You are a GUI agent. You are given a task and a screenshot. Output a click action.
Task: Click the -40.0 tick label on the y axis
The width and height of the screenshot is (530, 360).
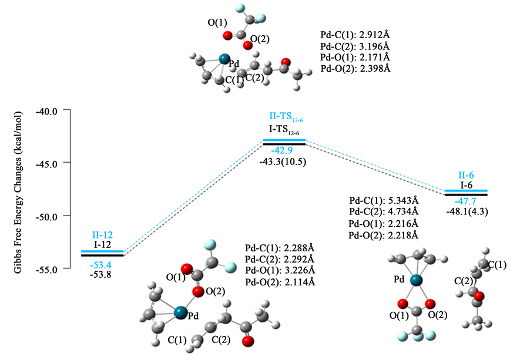pos(48,110)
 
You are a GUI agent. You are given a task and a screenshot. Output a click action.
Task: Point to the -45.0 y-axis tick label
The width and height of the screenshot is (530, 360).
pos(48,163)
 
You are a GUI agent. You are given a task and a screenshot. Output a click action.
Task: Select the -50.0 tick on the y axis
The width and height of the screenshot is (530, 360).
pos(48,216)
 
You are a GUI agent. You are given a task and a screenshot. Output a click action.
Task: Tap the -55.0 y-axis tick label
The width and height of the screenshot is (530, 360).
pos(48,269)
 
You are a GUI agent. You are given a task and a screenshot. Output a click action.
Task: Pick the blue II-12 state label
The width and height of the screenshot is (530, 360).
pos(102,234)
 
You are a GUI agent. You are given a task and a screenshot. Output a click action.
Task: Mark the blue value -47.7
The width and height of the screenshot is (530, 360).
pos(467,201)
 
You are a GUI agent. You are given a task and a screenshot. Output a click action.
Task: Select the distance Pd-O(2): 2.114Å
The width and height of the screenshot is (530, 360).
pos(280,282)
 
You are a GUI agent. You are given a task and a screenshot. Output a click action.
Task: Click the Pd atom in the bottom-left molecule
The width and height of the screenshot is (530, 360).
pos(180,313)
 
